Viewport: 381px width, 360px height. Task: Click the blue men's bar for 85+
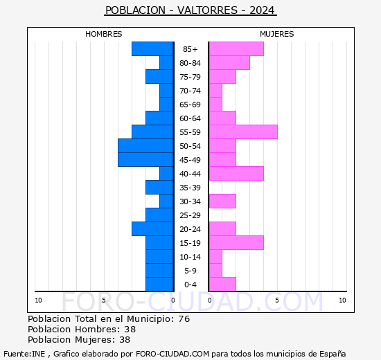coord(152,49)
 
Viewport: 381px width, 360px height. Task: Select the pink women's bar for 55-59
coord(243,132)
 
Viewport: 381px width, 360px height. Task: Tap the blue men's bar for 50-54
coord(145,146)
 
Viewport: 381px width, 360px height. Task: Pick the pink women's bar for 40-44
coord(236,174)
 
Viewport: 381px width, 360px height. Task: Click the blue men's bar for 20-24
coord(152,229)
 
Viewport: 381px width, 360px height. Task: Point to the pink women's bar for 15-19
coord(236,243)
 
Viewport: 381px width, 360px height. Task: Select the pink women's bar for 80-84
coord(229,63)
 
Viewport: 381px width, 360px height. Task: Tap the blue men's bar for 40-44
coord(166,174)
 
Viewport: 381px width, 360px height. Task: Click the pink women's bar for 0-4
coord(222,285)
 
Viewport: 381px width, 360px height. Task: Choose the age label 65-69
coord(190,105)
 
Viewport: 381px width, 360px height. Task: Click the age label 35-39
coord(190,188)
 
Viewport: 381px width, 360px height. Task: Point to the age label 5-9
coord(190,271)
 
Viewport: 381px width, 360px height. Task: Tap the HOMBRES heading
coord(103,34)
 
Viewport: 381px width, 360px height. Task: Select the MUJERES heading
coord(277,34)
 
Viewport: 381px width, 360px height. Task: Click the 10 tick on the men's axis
coord(38,300)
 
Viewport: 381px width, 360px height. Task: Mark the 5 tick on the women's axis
coord(277,300)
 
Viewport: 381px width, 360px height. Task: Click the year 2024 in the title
coord(262,10)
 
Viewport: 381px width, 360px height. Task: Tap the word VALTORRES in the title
coord(207,10)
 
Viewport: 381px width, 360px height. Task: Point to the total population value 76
coord(184,319)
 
